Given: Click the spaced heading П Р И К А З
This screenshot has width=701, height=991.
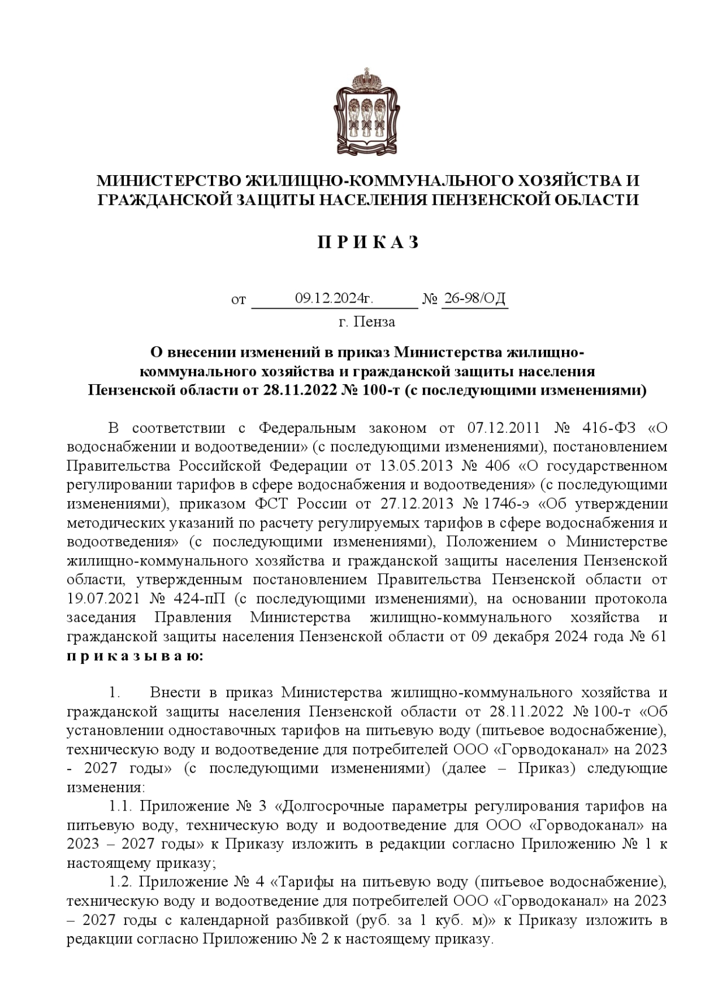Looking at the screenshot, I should (x=369, y=243).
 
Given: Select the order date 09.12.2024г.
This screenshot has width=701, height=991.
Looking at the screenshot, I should (x=334, y=299).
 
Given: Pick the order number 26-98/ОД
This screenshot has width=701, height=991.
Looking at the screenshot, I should (x=475, y=299).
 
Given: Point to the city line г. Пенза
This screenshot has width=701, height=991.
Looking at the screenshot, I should (x=367, y=322).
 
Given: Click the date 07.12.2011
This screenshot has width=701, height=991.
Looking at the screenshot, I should (x=502, y=428).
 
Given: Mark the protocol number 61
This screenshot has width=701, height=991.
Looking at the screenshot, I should (x=658, y=637).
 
